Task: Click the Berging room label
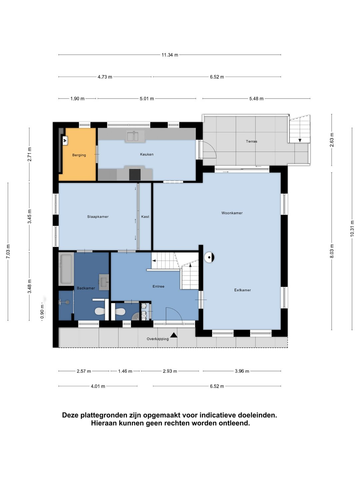[x=79, y=155]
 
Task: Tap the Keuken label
[x=147, y=154]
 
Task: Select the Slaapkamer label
[x=98, y=217]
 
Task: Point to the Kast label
[x=145, y=217]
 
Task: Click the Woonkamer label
[x=232, y=213]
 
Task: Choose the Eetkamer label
[x=242, y=290]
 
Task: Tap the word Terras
[x=252, y=141]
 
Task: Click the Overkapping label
[x=158, y=339]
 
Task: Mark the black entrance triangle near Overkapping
[x=174, y=335]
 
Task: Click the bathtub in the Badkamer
[x=66, y=269]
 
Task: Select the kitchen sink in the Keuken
[x=135, y=136]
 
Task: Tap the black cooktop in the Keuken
[x=135, y=175]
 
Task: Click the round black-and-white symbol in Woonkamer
[x=209, y=257]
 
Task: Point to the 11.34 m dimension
[x=170, y=55]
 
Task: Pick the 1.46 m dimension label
[x=125, y=371]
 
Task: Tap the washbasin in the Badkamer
[x=104, y=282]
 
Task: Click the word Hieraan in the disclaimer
[x=104, y=423]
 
